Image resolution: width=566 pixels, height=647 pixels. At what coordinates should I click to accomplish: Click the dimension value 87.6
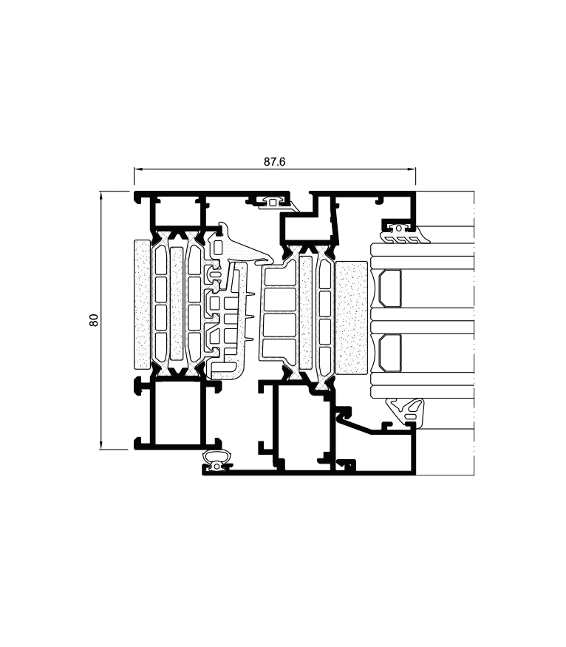click(x=274, y=162)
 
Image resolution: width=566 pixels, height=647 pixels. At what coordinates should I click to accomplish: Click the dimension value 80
click(x=94, y=319)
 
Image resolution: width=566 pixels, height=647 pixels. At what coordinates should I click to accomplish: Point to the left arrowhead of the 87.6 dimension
click(x=136, y=170)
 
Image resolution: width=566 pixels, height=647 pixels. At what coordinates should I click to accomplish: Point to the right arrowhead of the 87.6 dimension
click(x=414, y=170)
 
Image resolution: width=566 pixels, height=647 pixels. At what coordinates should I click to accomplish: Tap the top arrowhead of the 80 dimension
click(x=100, y=193)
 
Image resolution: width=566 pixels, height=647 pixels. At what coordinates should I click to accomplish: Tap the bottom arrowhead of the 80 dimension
click(x=100, y=447)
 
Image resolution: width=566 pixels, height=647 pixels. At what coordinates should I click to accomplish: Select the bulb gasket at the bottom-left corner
click(x=215, y=461)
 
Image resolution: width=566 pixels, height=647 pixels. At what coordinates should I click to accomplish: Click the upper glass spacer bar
click(x=390, y=288)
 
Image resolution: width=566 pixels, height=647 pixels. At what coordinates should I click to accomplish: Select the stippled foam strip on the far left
click(x=142, y=304)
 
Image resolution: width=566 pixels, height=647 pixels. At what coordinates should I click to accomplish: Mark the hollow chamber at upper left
click(x=177, y=213)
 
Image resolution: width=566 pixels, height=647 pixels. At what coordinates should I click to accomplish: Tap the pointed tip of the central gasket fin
click(x=270, y=260)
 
